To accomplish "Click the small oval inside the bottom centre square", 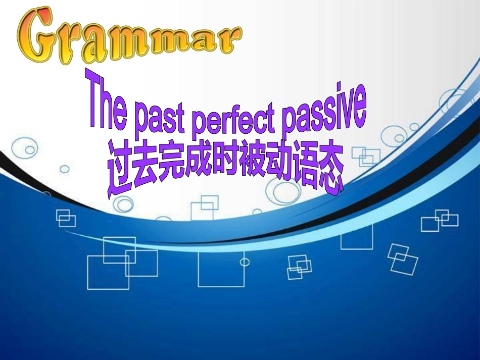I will (x=245, y=262).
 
